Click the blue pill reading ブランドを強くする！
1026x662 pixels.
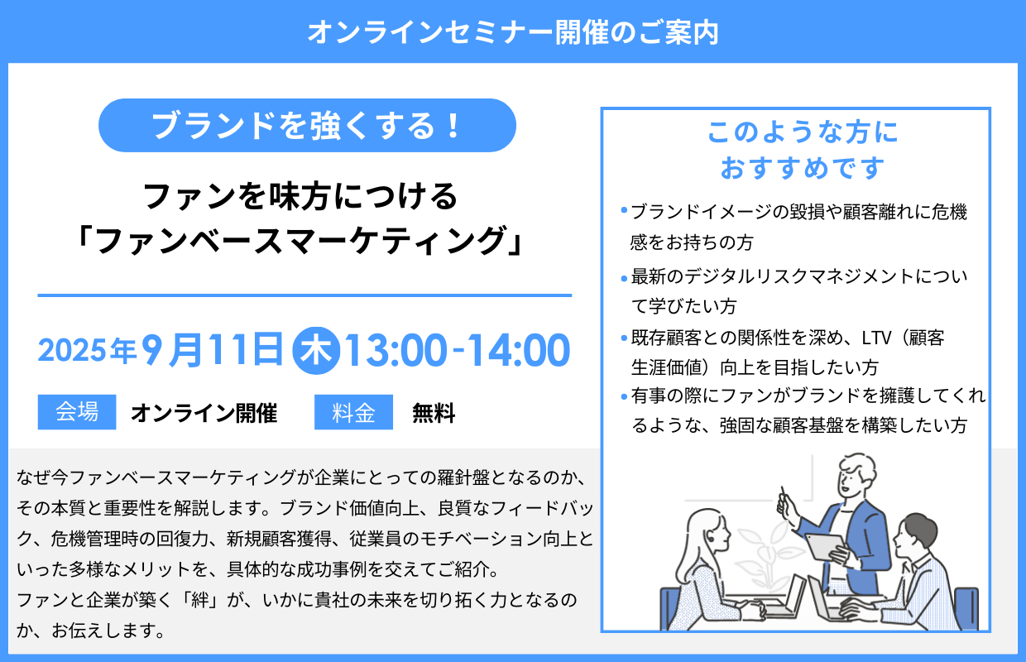click(307, 125)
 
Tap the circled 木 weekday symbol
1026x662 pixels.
click(314, 351)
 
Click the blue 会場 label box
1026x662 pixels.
click(77, 412)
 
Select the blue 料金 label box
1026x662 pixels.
click(353, 412)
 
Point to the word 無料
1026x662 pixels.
click(434, 413)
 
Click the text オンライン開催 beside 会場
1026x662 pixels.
click(204, 413)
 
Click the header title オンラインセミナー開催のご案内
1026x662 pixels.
click(512, 32)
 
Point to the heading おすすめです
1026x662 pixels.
click(803, 168)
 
